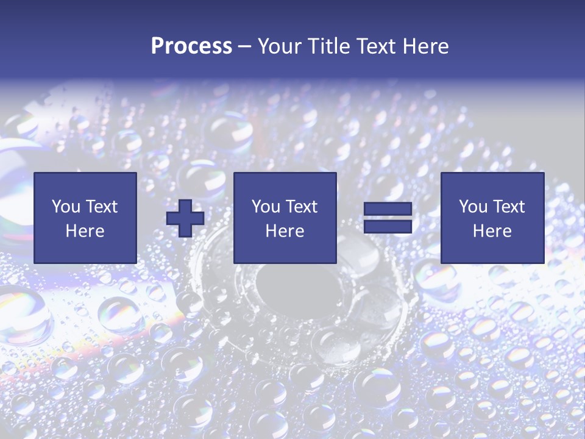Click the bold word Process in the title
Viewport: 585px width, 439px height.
191,46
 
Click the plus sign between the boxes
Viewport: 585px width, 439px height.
185,218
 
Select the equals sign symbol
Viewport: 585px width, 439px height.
388,218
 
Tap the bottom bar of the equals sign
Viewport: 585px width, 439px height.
388,227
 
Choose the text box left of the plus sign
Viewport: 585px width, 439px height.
85,218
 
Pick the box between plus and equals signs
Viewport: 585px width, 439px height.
285,218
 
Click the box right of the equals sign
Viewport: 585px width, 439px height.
492,218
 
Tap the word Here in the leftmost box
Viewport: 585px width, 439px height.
85,231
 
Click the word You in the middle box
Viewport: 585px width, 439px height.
266,207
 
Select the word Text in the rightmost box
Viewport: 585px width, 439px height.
508,207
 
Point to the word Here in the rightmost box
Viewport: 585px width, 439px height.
492,231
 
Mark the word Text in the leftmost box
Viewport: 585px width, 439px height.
101,207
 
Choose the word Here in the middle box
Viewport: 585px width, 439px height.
285,231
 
